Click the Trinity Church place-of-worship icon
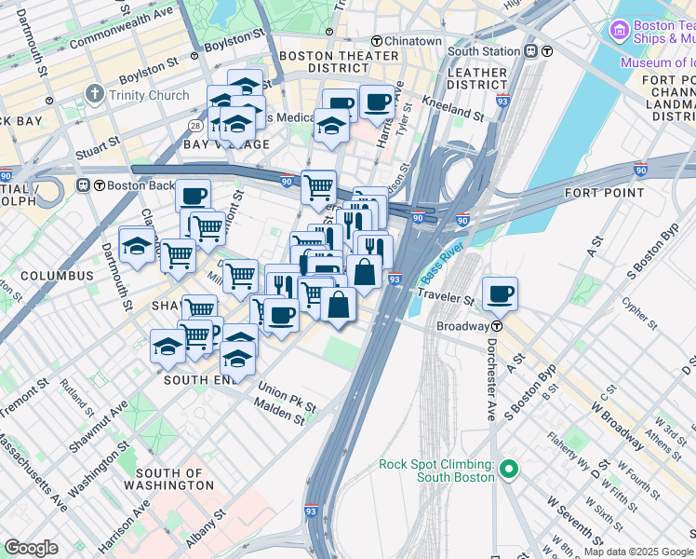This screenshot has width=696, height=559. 93,95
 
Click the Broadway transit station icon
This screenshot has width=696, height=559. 498,326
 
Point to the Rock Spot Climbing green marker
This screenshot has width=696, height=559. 507,470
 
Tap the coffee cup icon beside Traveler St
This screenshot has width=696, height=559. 501,293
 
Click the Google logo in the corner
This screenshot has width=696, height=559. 31,548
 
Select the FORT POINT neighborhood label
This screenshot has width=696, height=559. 604,193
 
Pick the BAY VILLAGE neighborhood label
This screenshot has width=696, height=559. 226,144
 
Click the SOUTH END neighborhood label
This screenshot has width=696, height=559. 196,380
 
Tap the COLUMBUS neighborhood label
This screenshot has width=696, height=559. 58,276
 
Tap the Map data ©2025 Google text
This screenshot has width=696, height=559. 638,551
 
